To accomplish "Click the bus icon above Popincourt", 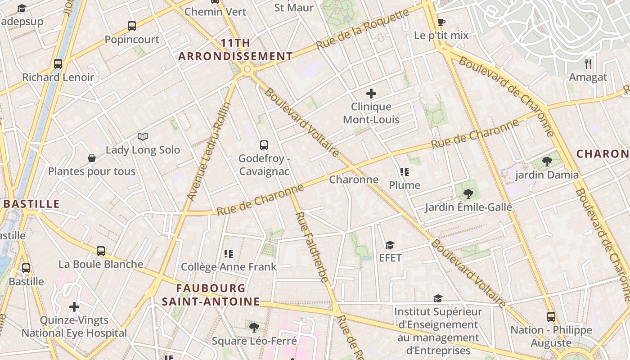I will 132,26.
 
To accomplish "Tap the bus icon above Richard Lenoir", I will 58,64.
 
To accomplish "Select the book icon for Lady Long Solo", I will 143,136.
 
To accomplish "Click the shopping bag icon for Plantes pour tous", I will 92,158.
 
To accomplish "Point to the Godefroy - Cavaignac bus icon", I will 264,145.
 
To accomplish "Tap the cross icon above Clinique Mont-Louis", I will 371,94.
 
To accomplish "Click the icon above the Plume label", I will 405,172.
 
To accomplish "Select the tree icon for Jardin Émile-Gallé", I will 468,194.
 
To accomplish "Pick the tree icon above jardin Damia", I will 547,162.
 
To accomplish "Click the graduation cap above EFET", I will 390,245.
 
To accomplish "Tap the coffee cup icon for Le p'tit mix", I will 441,22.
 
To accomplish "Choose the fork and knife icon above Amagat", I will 588,63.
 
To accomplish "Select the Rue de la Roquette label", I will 362,30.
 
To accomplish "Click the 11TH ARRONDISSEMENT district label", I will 235,50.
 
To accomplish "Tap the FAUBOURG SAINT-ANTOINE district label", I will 211,295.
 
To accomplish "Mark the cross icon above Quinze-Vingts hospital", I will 74,307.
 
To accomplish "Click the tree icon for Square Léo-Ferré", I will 254,327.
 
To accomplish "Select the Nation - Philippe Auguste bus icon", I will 551,317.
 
